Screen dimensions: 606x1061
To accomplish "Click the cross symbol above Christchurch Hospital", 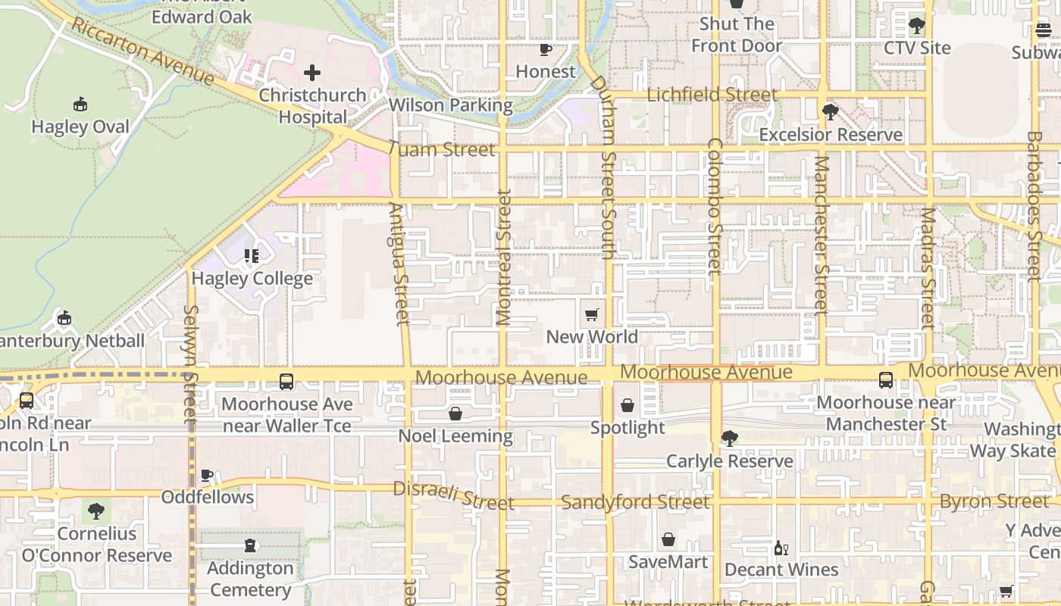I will point(311,73).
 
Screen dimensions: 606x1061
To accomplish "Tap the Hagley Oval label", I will point(80,127).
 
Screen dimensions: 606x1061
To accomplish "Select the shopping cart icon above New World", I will point(592,314).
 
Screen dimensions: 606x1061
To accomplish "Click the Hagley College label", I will point(252,279).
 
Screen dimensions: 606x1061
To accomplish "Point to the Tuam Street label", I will point(442,149).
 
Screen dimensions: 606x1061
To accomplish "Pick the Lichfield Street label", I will point(712,95).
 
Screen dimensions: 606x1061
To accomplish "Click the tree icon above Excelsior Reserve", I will point(831,112).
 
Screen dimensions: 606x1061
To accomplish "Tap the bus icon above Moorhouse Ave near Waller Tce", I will point(286,382).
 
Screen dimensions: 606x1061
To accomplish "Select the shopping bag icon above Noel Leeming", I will point(455,414).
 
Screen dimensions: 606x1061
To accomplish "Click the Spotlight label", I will point(628,428).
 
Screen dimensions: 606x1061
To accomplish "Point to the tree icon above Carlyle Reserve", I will point(729,438).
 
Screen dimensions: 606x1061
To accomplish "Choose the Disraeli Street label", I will point(453,495).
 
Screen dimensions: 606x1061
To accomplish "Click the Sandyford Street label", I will point(635,502).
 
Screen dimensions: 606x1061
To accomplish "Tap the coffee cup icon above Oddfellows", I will point(206,475).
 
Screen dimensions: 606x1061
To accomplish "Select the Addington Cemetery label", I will point(250,579).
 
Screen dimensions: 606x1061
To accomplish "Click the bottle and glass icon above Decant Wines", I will point(781,548).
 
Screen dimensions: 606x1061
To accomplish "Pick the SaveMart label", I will point(668,562).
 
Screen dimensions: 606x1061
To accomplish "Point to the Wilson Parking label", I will point(451,105).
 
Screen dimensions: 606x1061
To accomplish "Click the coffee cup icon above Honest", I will point(545,50).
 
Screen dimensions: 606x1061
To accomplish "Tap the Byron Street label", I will point(994,501).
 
